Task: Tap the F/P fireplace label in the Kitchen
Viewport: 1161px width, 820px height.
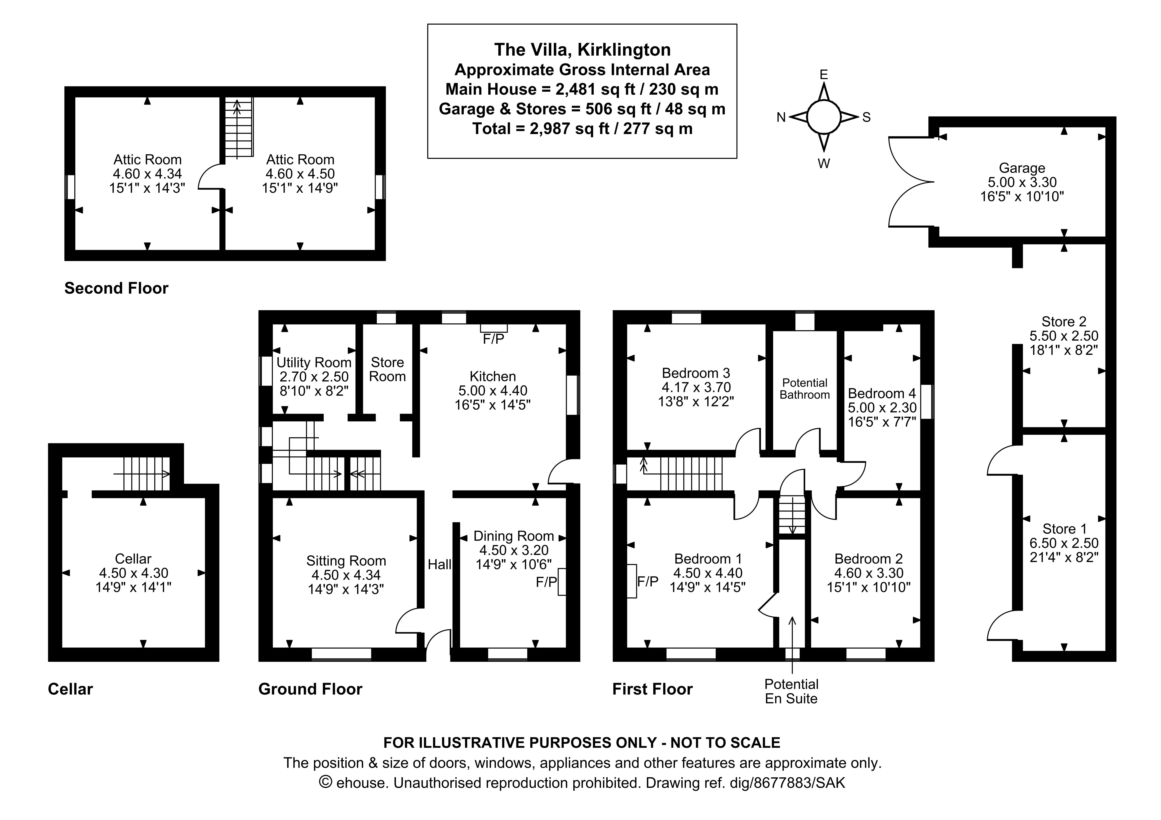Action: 493,339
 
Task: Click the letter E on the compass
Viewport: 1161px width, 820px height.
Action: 823,75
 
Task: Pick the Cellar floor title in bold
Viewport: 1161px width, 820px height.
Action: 70,689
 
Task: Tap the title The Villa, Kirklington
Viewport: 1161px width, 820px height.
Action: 582,49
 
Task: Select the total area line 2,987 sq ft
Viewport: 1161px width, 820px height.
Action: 582,129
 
